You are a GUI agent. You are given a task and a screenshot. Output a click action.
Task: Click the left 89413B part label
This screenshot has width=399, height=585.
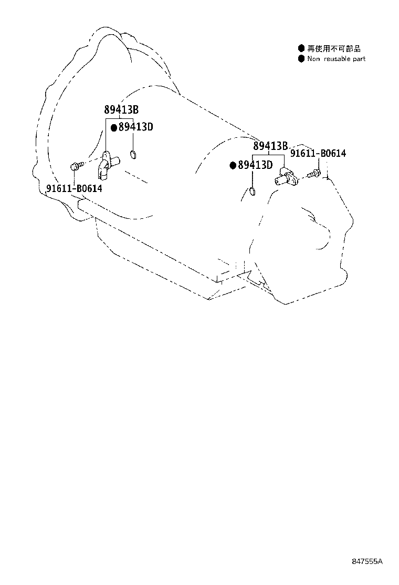click(x=121, y=109)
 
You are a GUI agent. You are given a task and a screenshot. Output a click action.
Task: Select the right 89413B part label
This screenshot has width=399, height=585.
click(x=270, y=146)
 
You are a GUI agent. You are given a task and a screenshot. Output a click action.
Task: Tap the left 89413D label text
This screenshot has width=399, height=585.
click(x=136, y=127)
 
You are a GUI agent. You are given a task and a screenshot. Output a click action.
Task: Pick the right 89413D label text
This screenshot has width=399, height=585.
click(x=255, y=165)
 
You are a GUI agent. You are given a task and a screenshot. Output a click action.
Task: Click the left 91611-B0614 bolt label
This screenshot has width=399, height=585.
click(x=74, y=188)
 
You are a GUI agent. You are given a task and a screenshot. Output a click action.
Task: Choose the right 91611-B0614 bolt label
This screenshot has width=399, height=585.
click(x=318, y=153)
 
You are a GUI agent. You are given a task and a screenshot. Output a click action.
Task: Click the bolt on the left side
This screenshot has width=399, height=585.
click(x=75, y=165)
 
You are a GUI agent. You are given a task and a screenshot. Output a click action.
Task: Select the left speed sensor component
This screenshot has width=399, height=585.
click(x=109, y=164)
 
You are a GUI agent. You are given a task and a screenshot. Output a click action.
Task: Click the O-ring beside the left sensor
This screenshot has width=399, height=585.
click(x=133, y=154)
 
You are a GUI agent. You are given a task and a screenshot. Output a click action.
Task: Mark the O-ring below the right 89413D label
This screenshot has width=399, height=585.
click(x=252, y=192)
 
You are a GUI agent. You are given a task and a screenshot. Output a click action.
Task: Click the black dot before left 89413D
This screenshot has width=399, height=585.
click(x=114, y=128)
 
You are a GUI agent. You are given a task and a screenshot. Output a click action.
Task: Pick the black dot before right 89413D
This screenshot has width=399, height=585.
click(x=234, y=165)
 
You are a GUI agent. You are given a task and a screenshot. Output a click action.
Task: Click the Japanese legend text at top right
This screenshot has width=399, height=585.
click(x=334, y=48)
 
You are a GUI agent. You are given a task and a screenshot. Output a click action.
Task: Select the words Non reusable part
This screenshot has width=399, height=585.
click(x=337, y=59)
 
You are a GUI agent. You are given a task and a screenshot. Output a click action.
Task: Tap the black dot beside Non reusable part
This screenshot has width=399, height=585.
click(x=301, y=59)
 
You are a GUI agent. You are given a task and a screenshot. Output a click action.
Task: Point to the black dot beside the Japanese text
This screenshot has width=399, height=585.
click(x=301, y=48)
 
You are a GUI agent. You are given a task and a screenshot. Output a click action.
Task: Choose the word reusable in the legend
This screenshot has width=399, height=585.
click(x=337, y=59)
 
